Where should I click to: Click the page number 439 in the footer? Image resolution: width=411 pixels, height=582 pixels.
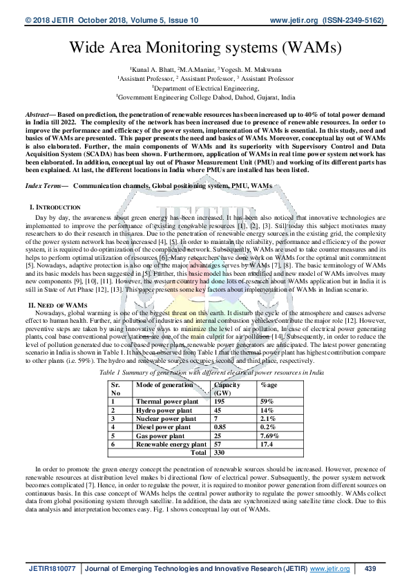click(x=370, y=568)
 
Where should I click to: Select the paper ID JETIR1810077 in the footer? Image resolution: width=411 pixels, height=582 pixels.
click(x=52, y=568)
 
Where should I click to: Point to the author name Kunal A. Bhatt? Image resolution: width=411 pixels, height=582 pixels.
click(x=154, y=70)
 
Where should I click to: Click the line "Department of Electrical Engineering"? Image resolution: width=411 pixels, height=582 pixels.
click(x=205, y=88)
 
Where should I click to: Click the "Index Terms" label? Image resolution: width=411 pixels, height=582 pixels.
click(x=43, y=186)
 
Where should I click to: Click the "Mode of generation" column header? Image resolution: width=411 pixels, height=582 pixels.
click(x=164, y=384)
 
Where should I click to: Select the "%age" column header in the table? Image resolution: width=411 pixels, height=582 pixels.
click(x=269, y=384)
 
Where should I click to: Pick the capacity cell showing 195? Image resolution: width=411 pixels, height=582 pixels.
click(x=220, y=401)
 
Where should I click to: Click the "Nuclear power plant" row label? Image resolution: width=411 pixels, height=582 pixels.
click(x=166, y=418)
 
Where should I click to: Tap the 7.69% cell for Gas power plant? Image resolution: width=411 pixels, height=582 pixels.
click(x=270, y=435)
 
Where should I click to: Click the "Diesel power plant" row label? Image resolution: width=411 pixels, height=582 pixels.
click(x=164, y=427)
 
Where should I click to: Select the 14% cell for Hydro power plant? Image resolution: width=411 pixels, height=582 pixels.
click(x=267, y=410)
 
